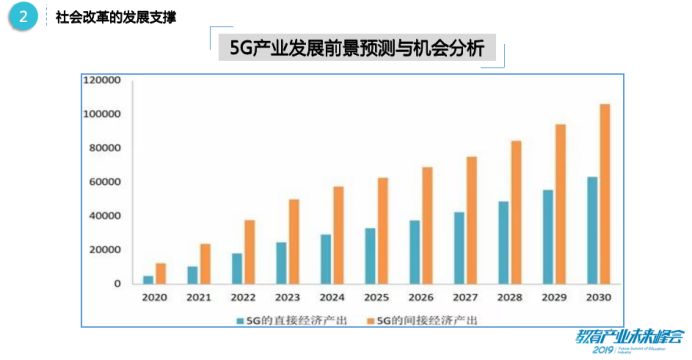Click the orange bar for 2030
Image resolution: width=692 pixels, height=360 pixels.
(604, 194)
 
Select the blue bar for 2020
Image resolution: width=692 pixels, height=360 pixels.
(148, 279)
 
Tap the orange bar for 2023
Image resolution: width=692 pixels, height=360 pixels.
(294, 241)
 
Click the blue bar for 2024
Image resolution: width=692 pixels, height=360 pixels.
(326, 259)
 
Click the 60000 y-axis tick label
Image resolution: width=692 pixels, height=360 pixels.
(105, 182)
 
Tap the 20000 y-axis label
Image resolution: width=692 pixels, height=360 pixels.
(105, 250)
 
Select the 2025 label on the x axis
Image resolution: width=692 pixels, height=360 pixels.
(376, 298)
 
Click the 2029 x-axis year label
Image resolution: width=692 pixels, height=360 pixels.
(554, 298)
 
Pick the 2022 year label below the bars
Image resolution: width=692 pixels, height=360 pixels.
(243, 298)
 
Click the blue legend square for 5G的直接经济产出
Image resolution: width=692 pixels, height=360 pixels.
(240, 320)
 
